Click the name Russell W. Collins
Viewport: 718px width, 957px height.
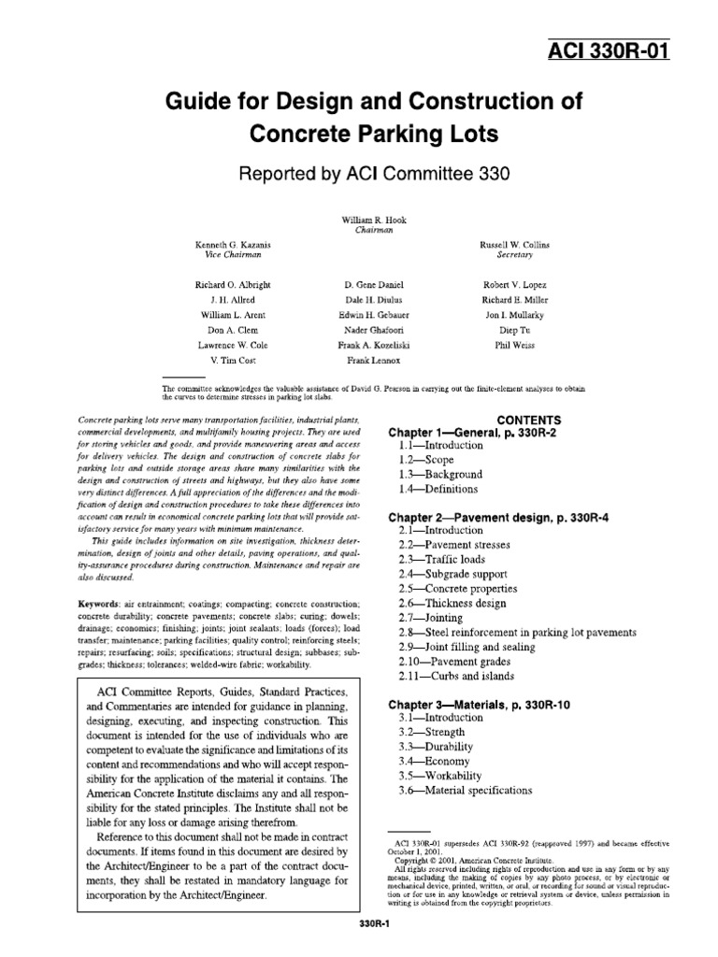pyautogui.click(x=516, y=244)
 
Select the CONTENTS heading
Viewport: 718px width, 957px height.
pyautogui.click(x=528, y=420)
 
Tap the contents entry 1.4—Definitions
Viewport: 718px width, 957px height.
pyautogui.click(x=438, y=489)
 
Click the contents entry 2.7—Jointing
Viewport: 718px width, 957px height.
pyautogui.click(x=430, y=618)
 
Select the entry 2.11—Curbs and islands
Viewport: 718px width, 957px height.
pyautogui.click(x=455, y=676)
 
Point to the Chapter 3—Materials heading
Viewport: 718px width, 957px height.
pyautogui.click(x=481, y=704)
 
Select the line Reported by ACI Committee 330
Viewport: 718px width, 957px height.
pyautogui.click(x=358, y=174)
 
